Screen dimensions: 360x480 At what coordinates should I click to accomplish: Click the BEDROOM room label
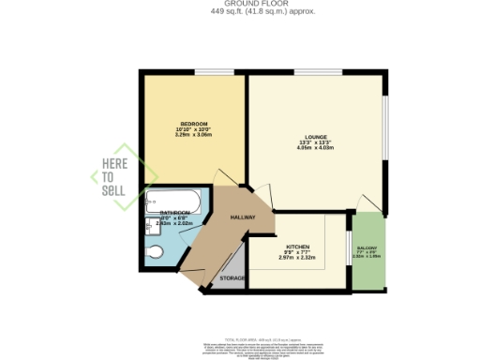click(194, 125)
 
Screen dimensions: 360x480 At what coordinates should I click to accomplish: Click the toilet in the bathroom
click(155, 251)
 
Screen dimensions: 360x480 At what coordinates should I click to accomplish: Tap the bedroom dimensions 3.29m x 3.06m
click(194, 136)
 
